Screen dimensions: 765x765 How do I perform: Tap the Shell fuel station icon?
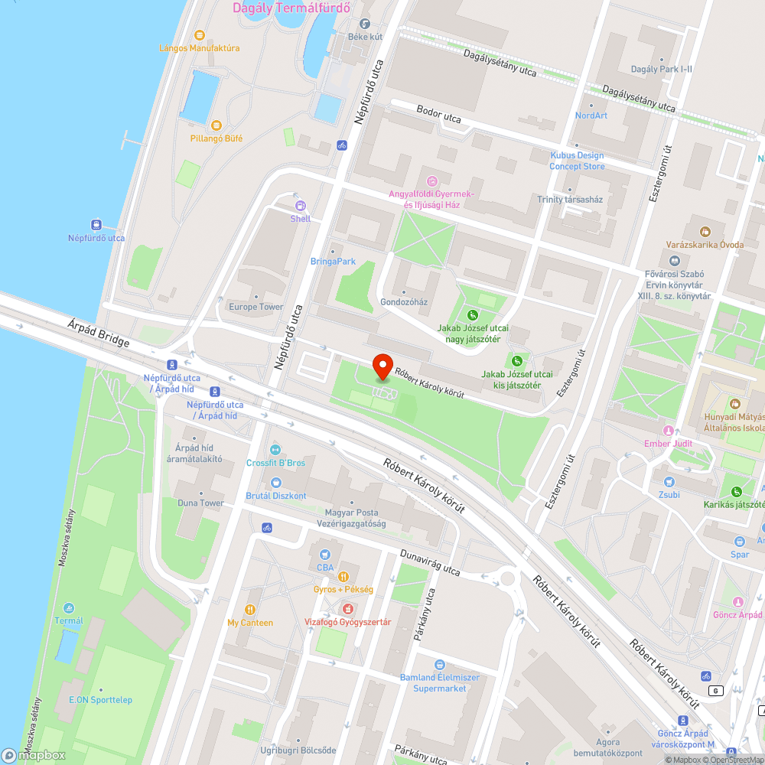pyautogui.click(x=301, y=205)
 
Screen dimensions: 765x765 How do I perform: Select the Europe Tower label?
pyautogui.click(x=256, y=307)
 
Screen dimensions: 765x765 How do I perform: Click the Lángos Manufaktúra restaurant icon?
pyautogui.click(x=200, y=35)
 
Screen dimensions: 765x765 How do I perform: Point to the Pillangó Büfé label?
pyautogui.click(x=216, y=138)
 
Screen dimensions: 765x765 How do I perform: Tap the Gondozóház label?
pyautogui.click(x=404, y=302)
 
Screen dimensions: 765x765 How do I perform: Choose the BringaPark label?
pyautogui.click(x=333, y=262)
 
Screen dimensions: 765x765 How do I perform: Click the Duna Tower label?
pyautogui.click(x=201, y=503)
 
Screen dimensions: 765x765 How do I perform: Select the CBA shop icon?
pyautogui.click(x=325, y=554)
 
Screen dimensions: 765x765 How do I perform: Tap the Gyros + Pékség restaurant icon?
pyautogui.click(x=343, y=576)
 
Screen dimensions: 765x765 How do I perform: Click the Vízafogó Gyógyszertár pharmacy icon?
pyautogui.click(x=348, y=608)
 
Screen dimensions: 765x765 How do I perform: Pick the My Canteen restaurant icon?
pyautogui.click(x=250, y=609)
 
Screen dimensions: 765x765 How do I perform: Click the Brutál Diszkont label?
pyautogui.click(x=276, y=496)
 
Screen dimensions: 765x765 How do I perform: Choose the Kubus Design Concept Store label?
pyautogui.click(x=577, y=161)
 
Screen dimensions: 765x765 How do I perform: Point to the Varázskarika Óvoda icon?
pyautogui.click(x=705, y=231)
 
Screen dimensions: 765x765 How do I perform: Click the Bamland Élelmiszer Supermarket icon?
pyautogui.click(x=439, y=665)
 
